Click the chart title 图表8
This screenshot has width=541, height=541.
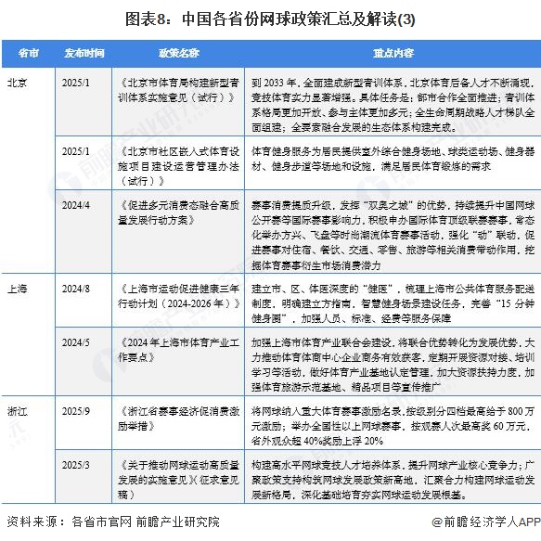pos(270,16)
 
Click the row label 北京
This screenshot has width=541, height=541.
pos(18,83)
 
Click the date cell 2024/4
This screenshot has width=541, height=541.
pos(77,201)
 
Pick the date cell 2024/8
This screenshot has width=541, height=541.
pos(77,290)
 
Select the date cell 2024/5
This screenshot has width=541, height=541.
pos(77,341)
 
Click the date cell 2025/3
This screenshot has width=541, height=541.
pos(77,465)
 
